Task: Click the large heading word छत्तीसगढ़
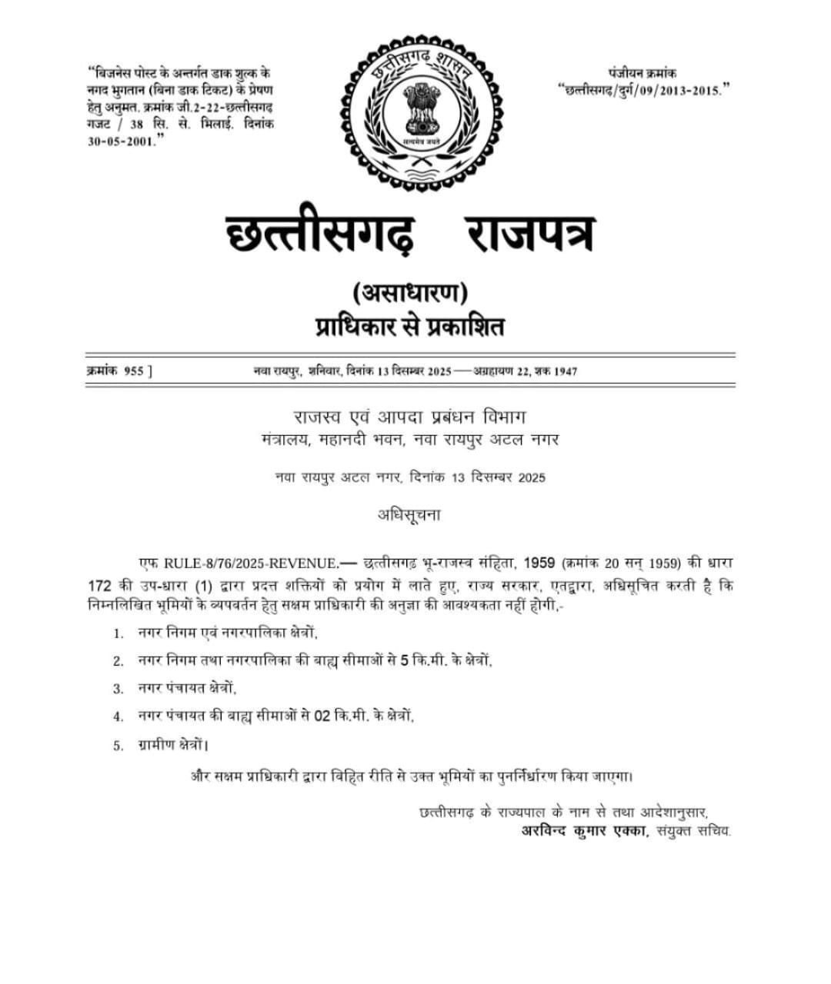(321, 234)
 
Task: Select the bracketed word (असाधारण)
(411, 293)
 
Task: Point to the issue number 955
(133, 371)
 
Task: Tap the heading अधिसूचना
(409, 515)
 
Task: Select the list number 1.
(118, 634)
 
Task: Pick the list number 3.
(118, 689)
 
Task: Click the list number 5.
(118, 745)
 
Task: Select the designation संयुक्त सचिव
(694, 831)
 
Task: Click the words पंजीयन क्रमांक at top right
(642, 74)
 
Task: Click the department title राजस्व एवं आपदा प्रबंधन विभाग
(409, 417)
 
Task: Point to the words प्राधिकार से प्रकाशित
(410, 327)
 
